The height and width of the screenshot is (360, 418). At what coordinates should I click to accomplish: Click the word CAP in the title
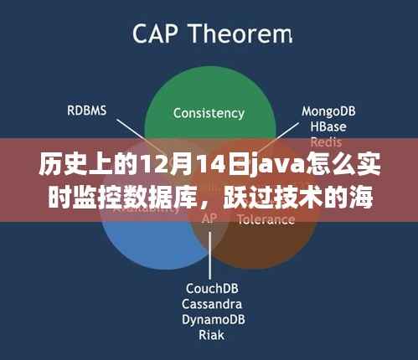[155, 35]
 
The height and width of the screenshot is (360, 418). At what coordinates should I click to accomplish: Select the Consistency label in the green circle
[209, 112]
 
